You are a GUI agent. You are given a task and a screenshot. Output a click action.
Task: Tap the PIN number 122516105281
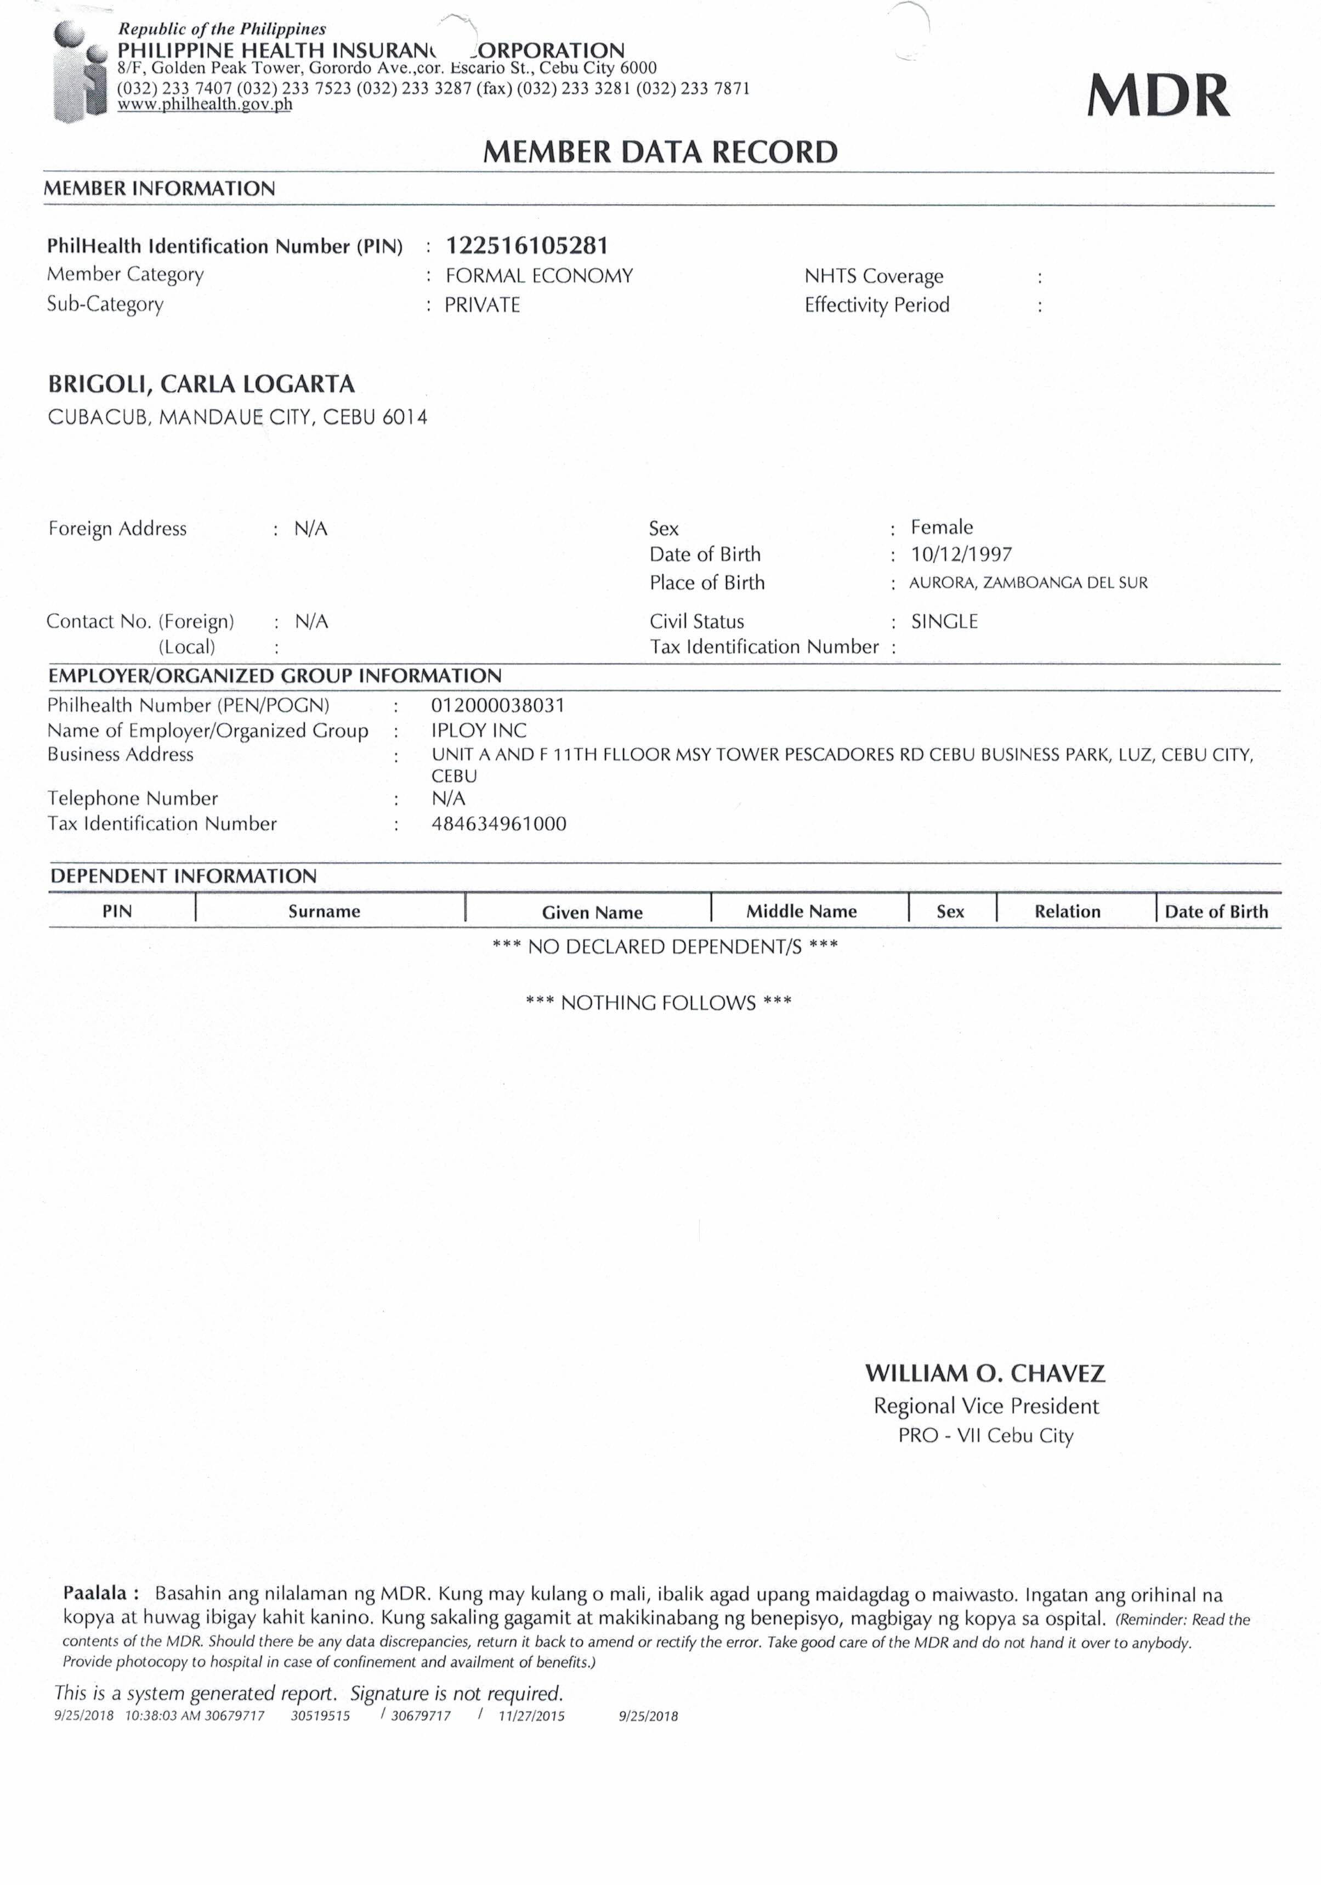(x=527, y=246)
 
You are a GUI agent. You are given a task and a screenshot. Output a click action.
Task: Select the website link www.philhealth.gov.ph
(x=205, y=104)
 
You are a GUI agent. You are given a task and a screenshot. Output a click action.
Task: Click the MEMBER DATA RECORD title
(x=660, y=152)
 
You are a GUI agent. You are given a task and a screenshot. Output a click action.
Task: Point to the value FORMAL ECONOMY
(x=538, y=276)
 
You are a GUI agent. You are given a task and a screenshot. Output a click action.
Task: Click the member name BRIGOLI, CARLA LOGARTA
(x=201, y=384)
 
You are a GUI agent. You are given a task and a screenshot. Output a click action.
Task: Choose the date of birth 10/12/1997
(x=961, y=554)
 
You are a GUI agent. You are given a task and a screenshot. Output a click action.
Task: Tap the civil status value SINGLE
(x=944, y=621)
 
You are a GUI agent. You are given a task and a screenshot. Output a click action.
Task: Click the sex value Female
(x=942, y=527)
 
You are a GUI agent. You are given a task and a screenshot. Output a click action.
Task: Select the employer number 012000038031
(x=497, y=705)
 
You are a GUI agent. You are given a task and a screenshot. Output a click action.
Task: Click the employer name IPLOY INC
(x=479, y=730)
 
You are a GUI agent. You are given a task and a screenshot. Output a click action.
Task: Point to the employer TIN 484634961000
(x=498, y=823)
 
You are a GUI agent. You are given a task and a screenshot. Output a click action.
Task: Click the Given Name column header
(x=592, y=912)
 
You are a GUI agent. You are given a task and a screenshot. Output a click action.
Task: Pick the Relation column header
(x=1067, y=912)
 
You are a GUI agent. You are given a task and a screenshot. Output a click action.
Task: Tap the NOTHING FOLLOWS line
(x=659, y=1003)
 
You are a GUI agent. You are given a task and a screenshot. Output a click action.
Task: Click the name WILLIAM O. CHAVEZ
(x=984, y=1373)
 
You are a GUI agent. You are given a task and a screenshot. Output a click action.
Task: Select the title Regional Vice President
(x=985, y=1406)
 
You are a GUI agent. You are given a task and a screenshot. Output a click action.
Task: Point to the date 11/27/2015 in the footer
(x=531, y=1716)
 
